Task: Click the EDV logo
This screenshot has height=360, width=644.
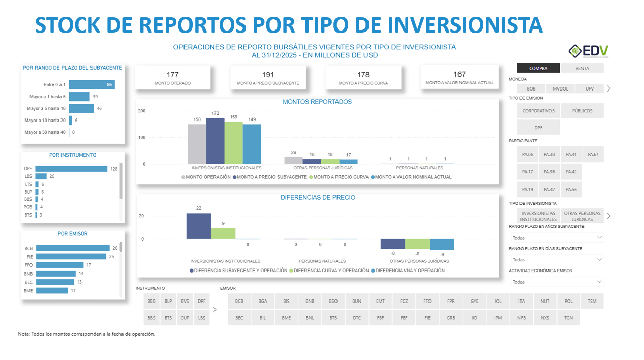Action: click(x=588, y=51)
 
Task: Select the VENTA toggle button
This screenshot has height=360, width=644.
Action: click(x=582, y=68)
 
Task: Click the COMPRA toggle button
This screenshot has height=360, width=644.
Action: click(x=538, y=68)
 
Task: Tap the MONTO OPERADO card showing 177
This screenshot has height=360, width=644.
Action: click(x=172, y=78)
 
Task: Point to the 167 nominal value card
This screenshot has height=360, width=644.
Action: click(x=459, y=78)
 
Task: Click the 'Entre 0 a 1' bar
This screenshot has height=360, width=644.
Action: click(x=91, y=84)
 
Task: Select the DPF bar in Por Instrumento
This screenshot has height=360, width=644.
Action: click(x=71, y=168)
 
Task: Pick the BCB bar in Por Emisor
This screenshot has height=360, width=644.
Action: click(x=73, y=248)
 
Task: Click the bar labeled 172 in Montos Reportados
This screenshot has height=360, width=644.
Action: click(x=215, y=141)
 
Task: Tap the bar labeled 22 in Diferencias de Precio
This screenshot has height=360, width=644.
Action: click(x=198, y=226)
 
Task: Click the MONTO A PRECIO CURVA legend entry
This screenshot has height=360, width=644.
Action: click(x=338, y=177)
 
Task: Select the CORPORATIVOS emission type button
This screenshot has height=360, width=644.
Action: click(x=538, y=111)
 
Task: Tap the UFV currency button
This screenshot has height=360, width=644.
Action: click(x=590, y=88)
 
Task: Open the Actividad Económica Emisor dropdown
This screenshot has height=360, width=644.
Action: click(x=557, y=282)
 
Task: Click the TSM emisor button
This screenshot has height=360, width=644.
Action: click(x=592, y=301)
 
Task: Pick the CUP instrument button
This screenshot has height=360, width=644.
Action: click(x=185, y=318)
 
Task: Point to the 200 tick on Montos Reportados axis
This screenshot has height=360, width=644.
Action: click(x=142, y=111)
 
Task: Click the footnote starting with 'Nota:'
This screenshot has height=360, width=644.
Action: click(x=86, y=334)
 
